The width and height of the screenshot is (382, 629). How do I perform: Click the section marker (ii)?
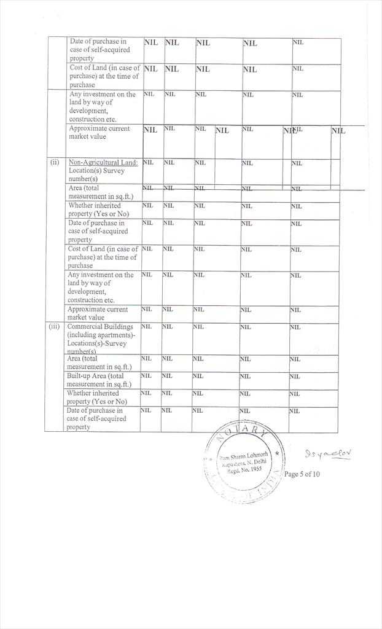pyautogui.click(x=55, y=162)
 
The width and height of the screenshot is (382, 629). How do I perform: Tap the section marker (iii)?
pyautogui.click(x=55, y=327)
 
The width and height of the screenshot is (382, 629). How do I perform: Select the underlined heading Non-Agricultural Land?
pyautogui.click(x=103, y=162)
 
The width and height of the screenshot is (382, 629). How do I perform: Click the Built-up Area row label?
pyautogui.click(x=96, y=380)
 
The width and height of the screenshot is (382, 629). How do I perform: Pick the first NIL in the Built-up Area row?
pyautogui.click(x=146, y=376)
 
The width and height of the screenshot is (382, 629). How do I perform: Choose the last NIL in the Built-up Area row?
pyautogui.click(x=294, y=376)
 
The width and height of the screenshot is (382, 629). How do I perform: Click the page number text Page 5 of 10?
pyautogui.click(x=302, y=474)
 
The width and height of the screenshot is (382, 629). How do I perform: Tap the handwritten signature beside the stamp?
pyautogui.click(x=327, y=455)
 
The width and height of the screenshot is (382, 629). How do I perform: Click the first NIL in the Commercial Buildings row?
pyautogui.click(x=146, y=327)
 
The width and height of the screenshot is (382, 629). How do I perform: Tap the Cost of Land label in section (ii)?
pyautogui.click(x=103, y=257)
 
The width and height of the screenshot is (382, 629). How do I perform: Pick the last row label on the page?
pyautogui.click(x=96, y=418)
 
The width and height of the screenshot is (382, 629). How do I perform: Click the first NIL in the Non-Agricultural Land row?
pyautogui.click(x=148, y=162)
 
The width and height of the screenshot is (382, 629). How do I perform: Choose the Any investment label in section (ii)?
pyautogui.click(x=101, y=287)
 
